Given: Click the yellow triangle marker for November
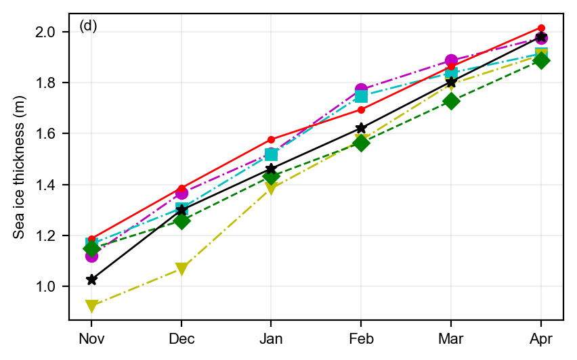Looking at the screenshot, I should coord(91,306).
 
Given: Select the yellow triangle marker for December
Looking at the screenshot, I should coord(181,269).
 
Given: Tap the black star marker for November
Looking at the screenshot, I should coord(91,279).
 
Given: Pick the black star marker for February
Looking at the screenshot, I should coord(361,128).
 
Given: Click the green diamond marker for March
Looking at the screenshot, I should coord(451,102).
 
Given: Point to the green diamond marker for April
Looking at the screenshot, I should coord(541,60).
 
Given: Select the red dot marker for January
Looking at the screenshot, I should coord(271,139).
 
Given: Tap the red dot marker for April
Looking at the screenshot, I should coord(541,28).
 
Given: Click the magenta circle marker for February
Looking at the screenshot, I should coord(361,90).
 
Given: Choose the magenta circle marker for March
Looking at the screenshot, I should coord(451,61).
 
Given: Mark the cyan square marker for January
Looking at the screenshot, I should coord(271,155).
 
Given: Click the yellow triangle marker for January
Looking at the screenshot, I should coord(271,189).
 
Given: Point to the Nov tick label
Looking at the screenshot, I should coord(91,338).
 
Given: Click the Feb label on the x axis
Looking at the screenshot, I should coord(361,338).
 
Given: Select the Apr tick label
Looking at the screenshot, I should coord(541,338).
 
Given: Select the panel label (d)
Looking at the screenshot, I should coord(88,26).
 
